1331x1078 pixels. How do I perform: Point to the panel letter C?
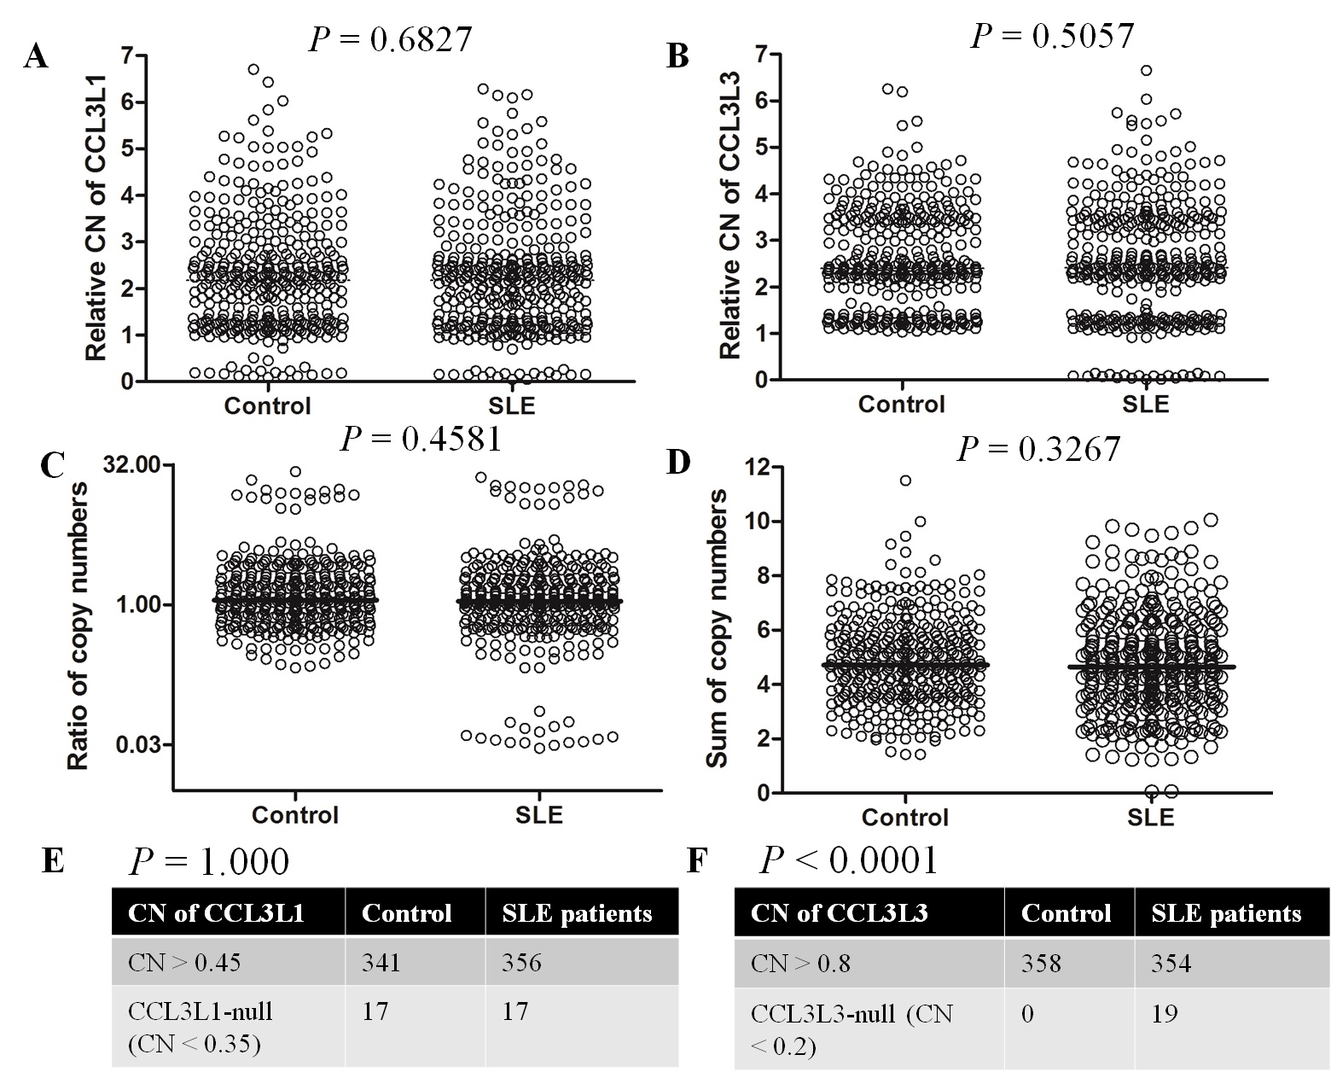[53, 466]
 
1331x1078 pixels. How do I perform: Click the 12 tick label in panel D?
[757, 467]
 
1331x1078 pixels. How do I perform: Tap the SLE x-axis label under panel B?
[1145, 403]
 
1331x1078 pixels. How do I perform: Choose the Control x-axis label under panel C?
[295, 815]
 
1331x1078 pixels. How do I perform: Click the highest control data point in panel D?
[905, 481]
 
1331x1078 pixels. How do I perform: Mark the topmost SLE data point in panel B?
[1147, 71]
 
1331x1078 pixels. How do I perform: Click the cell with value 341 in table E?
[381, 964]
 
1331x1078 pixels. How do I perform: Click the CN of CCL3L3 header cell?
[839, 914]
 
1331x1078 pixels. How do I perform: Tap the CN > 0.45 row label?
[184, 964]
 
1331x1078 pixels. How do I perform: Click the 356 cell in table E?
[521, 964]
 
